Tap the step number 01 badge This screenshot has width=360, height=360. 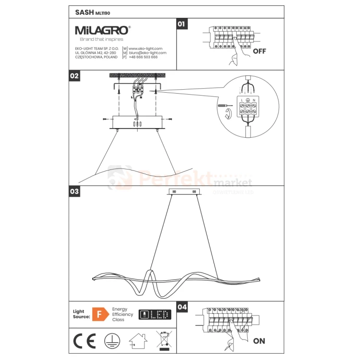pyautogui.click(x=181, y=24)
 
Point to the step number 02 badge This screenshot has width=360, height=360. pyautogui.click(x=74, y=76)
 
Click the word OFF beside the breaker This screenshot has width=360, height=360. pyautogui.click(x=259, y=51)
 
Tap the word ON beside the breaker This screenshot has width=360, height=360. pyautogui.click(x=259, y=341)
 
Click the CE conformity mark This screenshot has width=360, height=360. pyautogui.click(x=84, y=340)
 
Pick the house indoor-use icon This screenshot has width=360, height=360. pyautogui.click(x=138, y=340)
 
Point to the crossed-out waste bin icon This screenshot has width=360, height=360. pyautogui.click(x=165, y=340)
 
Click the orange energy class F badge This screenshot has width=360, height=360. pyautogui.click(x=99, y=314)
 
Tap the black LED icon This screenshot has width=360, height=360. pyautogui.click(x=155, y=314)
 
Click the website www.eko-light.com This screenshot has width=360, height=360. pyautogui.click(x=145, y=48)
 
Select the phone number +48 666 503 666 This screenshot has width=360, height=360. pyautogui.click(x=143, y=57)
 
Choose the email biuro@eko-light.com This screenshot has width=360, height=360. pyautogui.click(x=147, y=53)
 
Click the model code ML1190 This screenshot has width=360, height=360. pyautogui.click(x=102, y=12)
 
